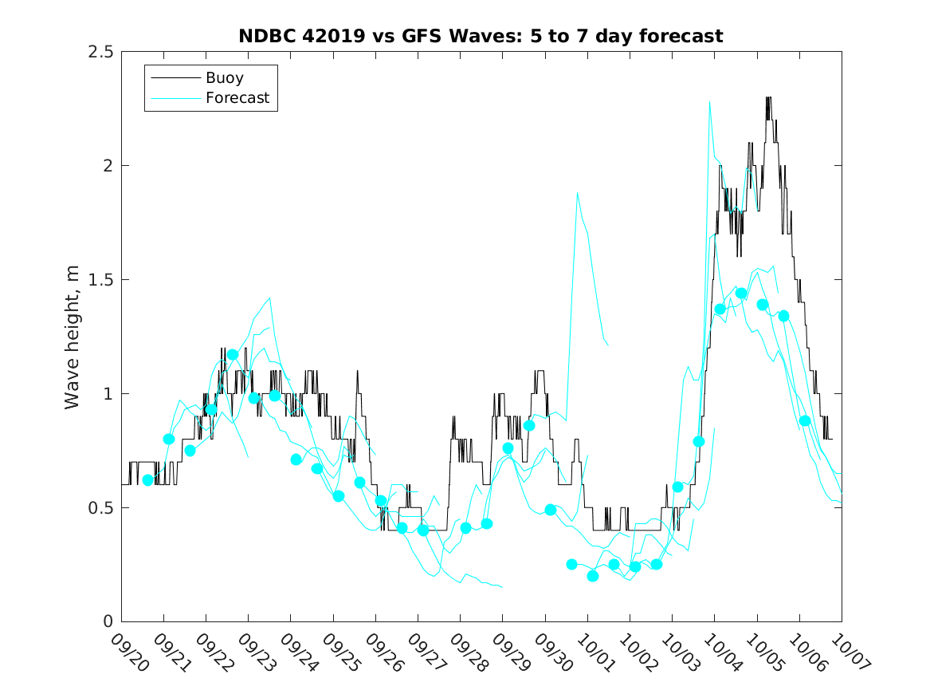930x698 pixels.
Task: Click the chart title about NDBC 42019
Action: [481, 37]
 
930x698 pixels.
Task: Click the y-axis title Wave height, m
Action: [73, 337]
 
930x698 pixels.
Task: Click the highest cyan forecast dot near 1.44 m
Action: [741, 294]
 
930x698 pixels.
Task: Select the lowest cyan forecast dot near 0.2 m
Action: [592, 576]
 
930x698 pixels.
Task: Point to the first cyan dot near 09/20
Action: [147, 480]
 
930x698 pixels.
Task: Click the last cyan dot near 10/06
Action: [805, 420]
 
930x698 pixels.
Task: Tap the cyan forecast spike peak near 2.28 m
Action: [709, 102]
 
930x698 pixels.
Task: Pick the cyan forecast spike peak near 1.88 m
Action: [577, 193]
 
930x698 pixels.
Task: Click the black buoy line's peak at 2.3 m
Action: [768, 98]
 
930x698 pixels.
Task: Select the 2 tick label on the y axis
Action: [107, 166]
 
